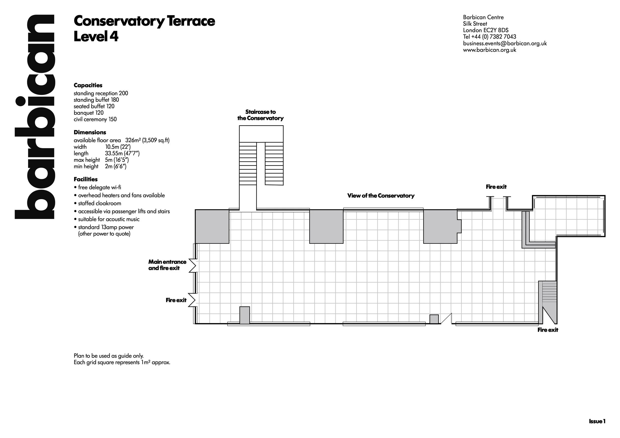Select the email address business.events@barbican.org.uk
click(x=505, y=43)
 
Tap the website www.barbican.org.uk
click(x=489, y=50)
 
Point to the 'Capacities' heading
click(x=88, y=85)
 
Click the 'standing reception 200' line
click(x=101, y=93)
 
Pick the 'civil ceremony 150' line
click(x=95, y=119)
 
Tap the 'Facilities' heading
click(x=86, y=179)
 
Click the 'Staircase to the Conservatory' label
click(x=260, y=115)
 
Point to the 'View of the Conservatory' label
click(x=381, y=195)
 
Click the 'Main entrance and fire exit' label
click(x=167, y=265)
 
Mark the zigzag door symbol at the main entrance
click(x=192, y=265)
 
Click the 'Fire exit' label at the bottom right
click(x=548, y=329)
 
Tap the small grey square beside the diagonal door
click(x=434, y=319)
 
